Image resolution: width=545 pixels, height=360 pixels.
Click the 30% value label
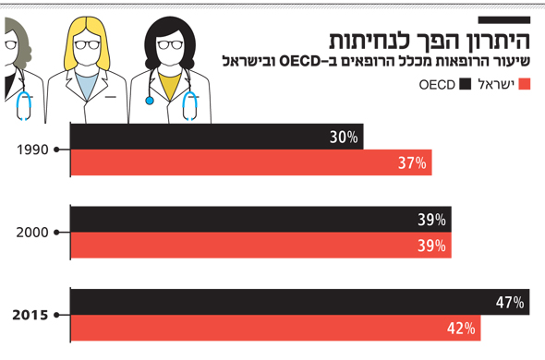343,138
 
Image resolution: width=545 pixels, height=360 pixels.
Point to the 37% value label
412,163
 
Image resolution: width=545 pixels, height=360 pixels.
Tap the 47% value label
510,302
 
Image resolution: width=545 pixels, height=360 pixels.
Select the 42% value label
462,328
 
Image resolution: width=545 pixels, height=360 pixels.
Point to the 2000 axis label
33,232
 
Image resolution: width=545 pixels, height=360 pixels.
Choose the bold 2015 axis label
31,315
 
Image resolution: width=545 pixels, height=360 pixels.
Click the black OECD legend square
466,85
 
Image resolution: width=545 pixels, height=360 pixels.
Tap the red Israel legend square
527,85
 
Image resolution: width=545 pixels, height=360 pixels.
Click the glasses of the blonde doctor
89,43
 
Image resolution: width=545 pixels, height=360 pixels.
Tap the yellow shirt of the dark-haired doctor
169,83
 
